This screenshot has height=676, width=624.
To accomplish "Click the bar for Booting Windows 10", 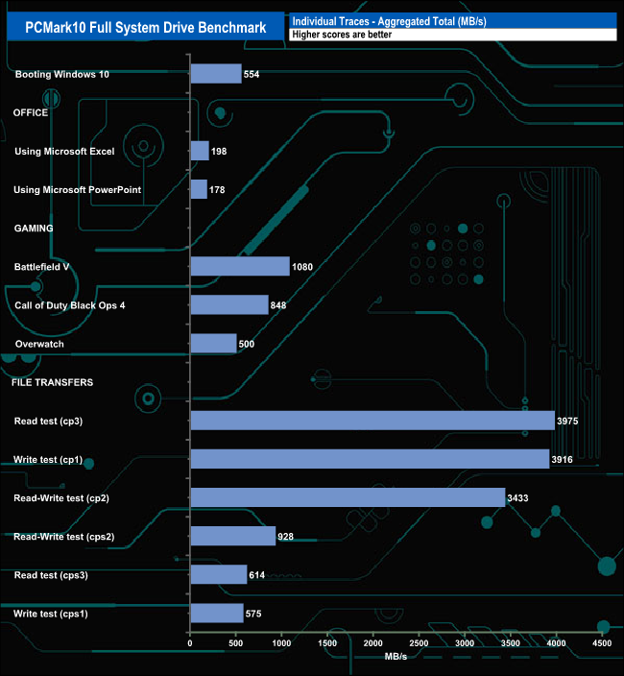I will (x=216, y=74).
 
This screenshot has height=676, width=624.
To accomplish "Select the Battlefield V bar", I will (x=240, y=266).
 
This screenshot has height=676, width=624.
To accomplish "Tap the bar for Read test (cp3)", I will (x=372, y=421).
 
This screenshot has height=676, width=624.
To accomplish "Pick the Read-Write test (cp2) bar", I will (x=348, y=497).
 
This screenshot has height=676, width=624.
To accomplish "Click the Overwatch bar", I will (x=214, y=344).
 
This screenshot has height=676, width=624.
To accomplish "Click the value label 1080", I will (x=303, y=267).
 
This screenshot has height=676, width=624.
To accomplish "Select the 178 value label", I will (x=217, y=190).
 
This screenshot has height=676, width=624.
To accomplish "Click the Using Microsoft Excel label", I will (x=64, y=152).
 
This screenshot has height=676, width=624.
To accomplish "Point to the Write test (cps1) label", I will (x=64, y=613).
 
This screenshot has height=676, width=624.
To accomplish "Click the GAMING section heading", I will (x=33, y=228).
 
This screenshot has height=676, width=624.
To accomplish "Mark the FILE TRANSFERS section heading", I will (x=52, y=382).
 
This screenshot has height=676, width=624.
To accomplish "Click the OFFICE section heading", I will (x=30, y=112).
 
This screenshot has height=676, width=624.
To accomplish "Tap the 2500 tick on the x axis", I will (x=420, y=642).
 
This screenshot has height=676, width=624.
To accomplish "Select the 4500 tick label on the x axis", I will (x=603, y=642).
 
